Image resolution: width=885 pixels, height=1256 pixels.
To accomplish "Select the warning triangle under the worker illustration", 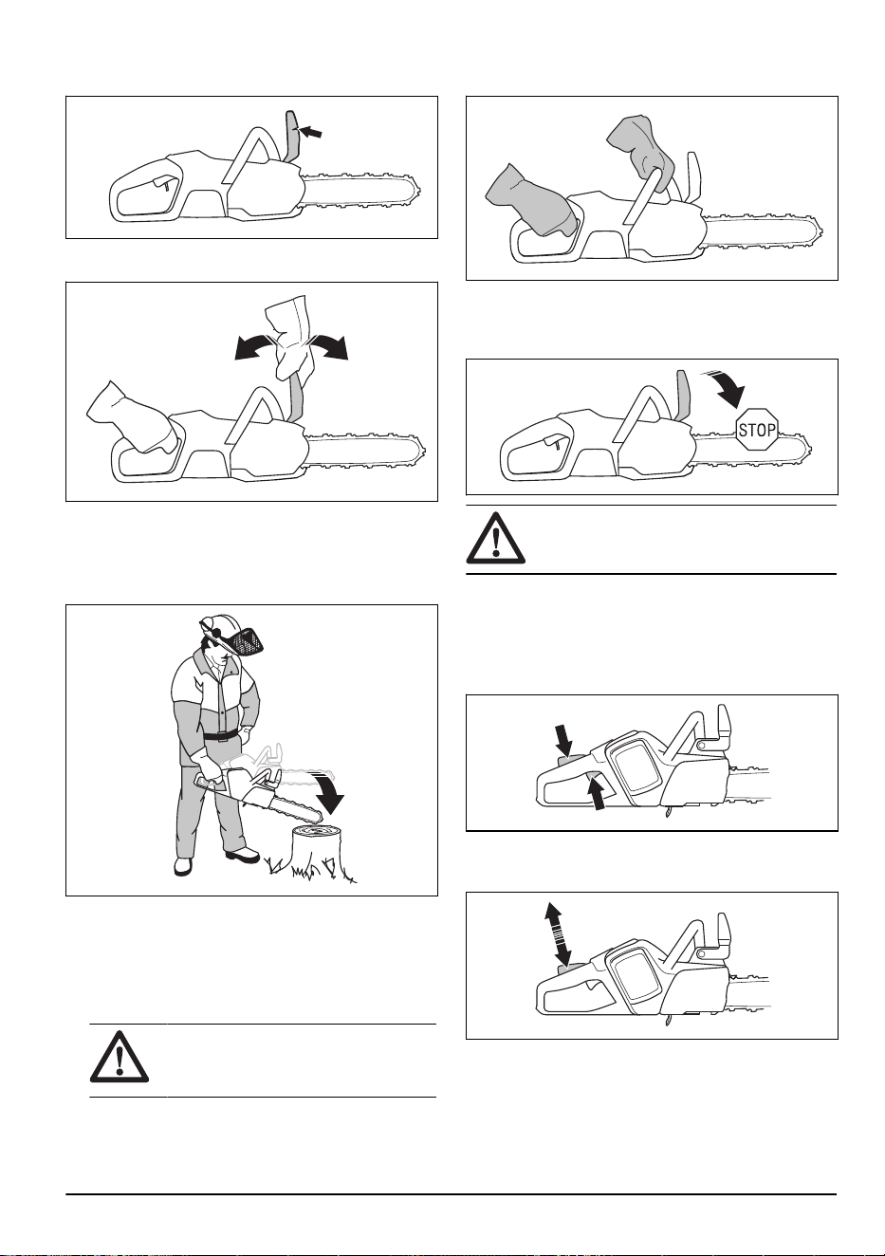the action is [x=119, y=1056].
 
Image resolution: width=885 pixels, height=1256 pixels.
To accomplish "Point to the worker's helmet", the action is [x=222, y=623].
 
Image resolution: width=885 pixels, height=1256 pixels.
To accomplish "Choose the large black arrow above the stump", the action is [x=333, y=792].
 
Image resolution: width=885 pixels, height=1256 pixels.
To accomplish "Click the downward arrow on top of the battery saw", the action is [x=564, y=740].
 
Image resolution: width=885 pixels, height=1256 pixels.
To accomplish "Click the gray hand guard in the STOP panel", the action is [x=684, y=396].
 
